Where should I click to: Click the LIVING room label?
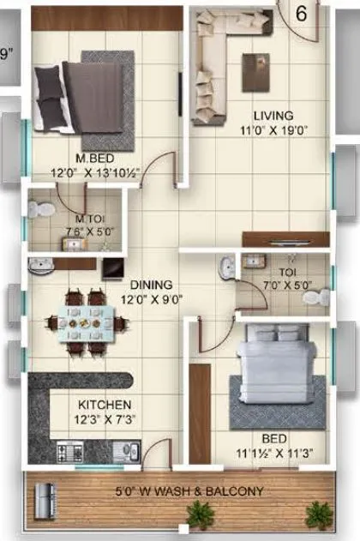pyautogui.click(x=273, y=115)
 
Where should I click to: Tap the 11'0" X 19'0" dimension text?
pyautogui.click(x=273, y=130)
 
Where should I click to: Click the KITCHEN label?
pyautogui.click(x=105, y=405)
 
